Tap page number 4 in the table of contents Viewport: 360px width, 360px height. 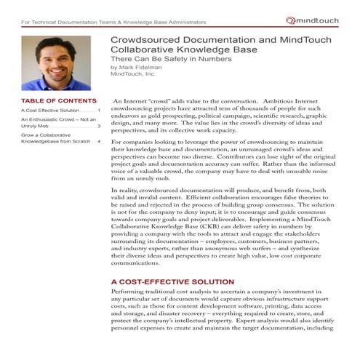pyautogui.click(x=100, y=141)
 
